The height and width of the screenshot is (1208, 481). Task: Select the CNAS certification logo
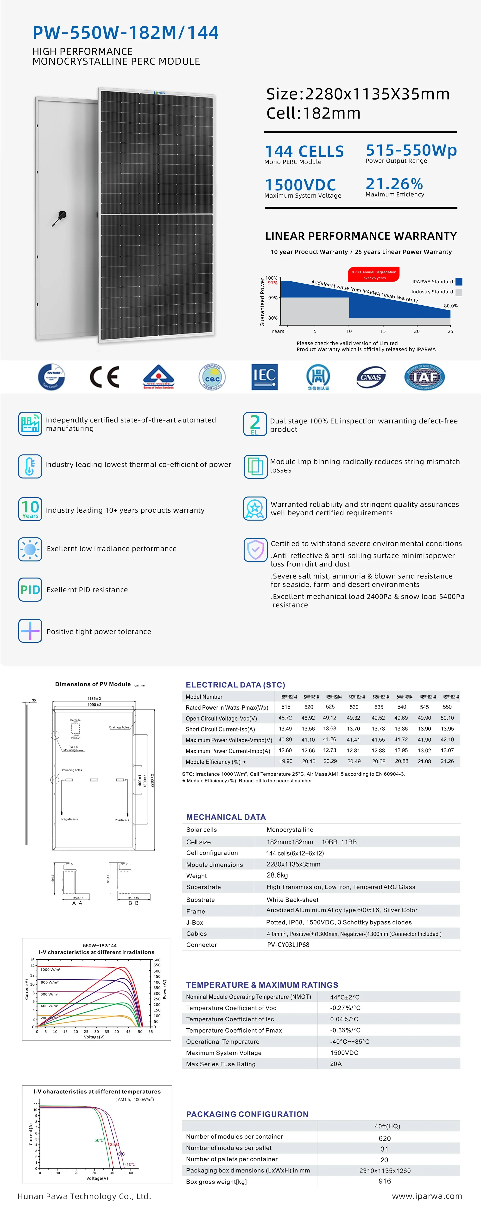tap(371, 377)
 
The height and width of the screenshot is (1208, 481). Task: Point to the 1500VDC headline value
tap(300, 185)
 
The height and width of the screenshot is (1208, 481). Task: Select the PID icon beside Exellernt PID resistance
tap(30, 590)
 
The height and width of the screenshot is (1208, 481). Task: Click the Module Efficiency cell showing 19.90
tap(286, 761)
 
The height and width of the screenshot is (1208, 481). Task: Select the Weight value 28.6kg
tap(277, 875)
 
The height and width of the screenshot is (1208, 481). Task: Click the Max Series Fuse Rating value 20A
tap(336, 1063)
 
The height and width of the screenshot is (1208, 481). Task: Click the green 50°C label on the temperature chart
tap(99, 1140)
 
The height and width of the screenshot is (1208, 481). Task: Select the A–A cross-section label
tap(77, 903)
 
